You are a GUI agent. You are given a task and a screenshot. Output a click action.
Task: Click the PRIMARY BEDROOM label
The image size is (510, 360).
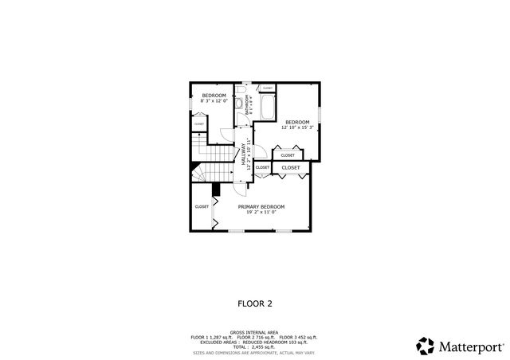[x=261, y=206]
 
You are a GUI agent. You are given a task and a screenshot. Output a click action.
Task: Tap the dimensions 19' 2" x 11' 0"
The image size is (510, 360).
[x=261, y=212]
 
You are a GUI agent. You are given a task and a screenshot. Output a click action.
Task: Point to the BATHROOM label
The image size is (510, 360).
[x=249, y=107]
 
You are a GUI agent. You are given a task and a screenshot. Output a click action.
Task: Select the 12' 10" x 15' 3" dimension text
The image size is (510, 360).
[x=297, y=127]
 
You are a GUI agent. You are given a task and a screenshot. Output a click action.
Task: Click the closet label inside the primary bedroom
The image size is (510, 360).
[x=202, y=206]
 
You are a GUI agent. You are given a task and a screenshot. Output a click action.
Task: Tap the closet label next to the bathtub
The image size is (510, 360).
[x=267, y=88]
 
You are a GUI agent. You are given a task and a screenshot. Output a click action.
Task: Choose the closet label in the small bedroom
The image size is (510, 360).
[x=198, y=124]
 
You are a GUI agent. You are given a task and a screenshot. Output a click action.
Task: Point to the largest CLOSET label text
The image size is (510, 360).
[x=291, y=168]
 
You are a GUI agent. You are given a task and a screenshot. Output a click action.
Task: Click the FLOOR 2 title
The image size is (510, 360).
[x=255, y=303]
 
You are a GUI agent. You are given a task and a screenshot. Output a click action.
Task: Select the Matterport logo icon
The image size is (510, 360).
[x=426, y=346]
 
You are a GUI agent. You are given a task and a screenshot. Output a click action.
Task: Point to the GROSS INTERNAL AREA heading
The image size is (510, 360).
[x=254, y=332]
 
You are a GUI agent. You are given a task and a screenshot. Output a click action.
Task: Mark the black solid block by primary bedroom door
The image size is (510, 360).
[x=215, y=188]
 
